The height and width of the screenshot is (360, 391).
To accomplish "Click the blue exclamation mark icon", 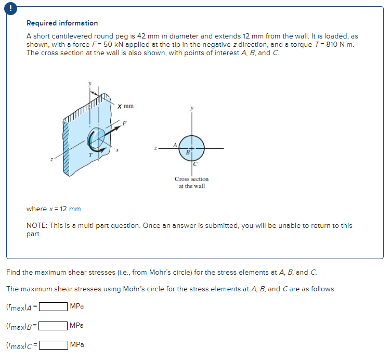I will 8,7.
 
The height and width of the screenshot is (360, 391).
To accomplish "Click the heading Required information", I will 62,23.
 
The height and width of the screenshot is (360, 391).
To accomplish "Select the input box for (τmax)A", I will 54,306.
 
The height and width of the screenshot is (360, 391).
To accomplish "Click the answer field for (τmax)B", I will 54,326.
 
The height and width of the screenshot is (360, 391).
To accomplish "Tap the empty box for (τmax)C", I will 54,344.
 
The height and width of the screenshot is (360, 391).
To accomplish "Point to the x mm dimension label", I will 125,106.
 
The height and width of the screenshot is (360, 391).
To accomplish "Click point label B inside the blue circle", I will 188,152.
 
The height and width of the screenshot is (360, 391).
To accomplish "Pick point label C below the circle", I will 194,164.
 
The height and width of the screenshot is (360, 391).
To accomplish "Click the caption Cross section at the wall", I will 191,183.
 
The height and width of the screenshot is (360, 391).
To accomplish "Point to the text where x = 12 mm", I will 54,209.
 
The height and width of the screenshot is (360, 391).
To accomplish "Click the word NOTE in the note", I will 36,225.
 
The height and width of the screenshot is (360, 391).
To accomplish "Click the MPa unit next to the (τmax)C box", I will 76,344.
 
